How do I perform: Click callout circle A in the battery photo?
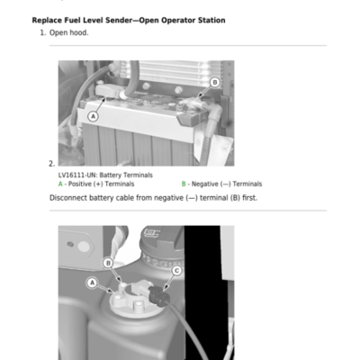tap(93, 116)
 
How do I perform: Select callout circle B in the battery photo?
tap(215, 82)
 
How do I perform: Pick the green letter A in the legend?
tap(60, 184)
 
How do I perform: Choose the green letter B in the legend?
tap(184, 184)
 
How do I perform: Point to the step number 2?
tap(51, 164)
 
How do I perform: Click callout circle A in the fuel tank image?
tap(92, 283)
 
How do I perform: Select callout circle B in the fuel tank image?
tap(108, 263)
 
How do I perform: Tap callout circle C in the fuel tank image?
tap(176, 271)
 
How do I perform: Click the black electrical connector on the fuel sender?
tap(158, 295)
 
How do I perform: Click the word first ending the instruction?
tap(249, 198)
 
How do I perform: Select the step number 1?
tap(42, 32)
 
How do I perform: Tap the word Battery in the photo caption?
tap(111, 175)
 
